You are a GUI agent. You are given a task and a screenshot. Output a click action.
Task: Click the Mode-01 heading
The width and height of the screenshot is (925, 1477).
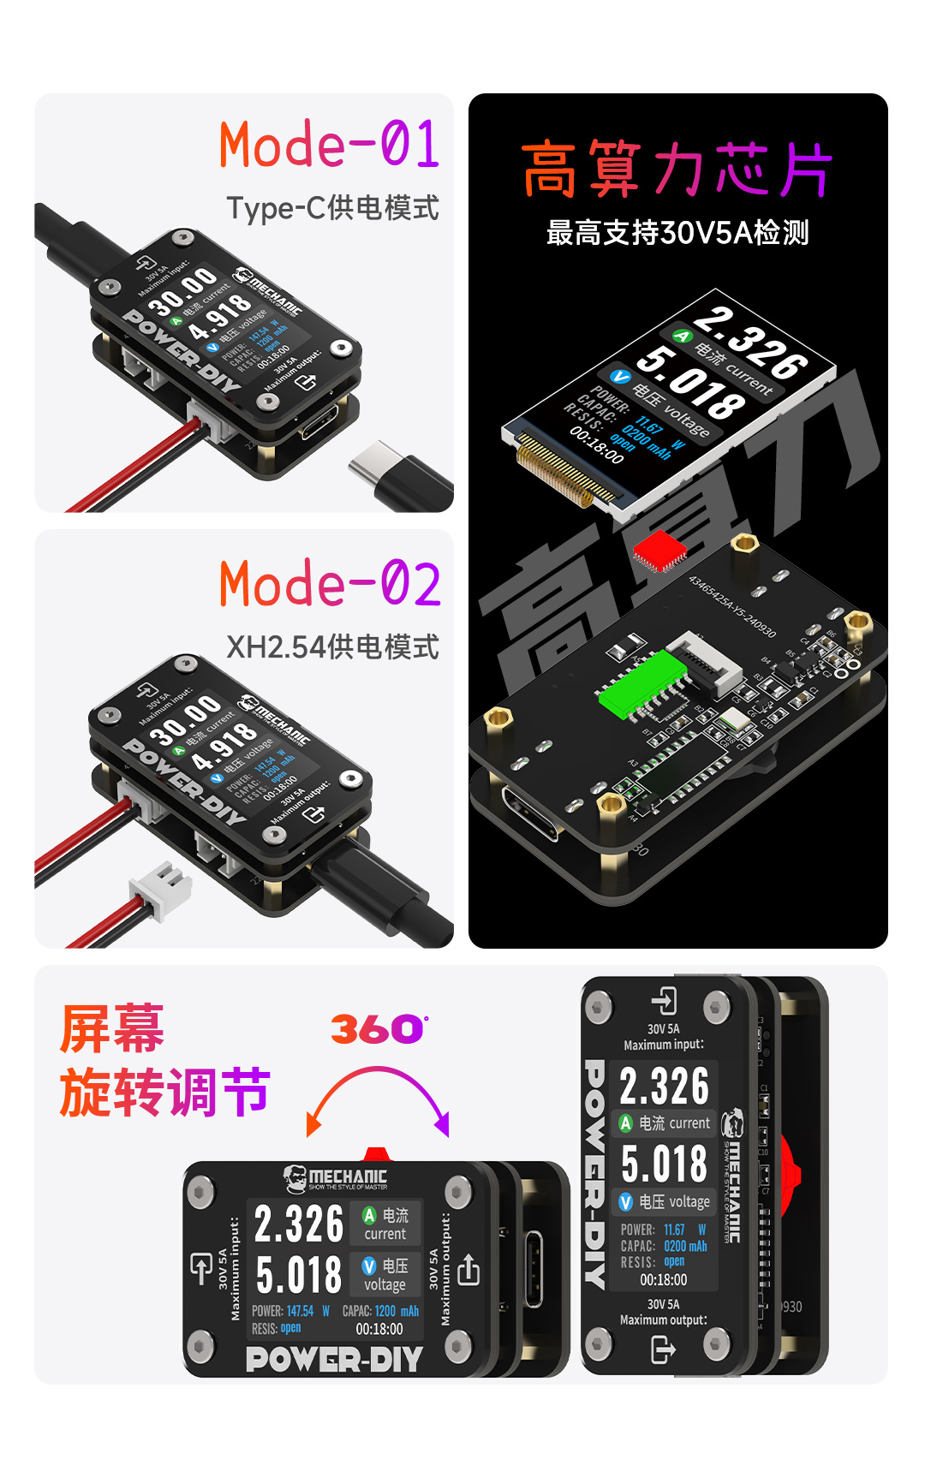329,145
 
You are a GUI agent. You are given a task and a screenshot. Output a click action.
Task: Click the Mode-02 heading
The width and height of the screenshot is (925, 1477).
330,584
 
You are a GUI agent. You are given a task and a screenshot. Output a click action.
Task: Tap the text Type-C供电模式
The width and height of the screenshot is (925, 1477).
332,208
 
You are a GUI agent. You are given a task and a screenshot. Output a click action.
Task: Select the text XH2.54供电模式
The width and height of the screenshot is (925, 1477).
332,647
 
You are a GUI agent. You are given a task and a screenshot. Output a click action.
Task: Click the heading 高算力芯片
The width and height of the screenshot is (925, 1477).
677,170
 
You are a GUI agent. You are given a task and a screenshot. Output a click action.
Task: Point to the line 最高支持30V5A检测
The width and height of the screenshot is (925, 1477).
677,233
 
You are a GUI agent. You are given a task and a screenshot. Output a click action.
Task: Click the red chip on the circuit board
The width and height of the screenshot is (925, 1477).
659,550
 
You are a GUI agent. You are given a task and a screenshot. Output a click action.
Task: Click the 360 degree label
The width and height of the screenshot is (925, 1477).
378,1029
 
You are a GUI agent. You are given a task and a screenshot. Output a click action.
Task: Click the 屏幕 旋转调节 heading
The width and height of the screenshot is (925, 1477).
163,1061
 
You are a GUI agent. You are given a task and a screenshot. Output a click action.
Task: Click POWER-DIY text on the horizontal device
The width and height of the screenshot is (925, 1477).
334,1359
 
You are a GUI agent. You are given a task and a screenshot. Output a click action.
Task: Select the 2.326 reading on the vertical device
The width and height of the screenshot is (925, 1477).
664,1087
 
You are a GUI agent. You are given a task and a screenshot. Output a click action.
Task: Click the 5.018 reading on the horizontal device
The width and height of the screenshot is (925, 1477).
299,1275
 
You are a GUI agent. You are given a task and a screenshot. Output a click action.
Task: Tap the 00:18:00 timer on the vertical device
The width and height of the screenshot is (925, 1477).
664,1280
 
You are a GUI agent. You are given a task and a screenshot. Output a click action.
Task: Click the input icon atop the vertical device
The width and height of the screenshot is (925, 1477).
664,1000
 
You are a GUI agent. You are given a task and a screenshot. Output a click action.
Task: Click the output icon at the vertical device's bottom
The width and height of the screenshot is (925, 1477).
663,1350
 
